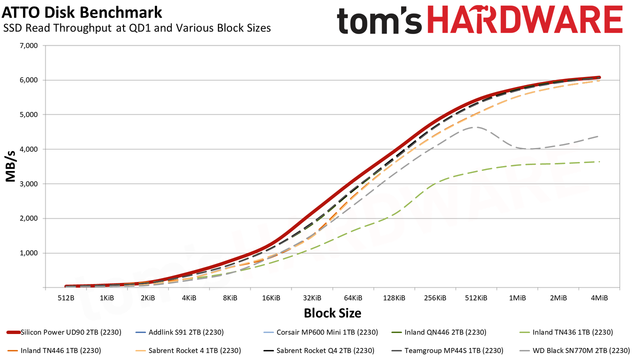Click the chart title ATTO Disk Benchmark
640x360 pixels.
(x=82, y=12)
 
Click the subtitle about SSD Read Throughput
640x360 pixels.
(x=137, y=28)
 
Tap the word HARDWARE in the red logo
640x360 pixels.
(x=525, y=20)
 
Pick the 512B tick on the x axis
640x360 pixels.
(x=65, y=298)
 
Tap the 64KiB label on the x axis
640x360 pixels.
(x=353, y=298)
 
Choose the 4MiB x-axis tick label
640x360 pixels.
(x=599, y=298)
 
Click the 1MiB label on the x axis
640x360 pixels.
(x=517, y=298)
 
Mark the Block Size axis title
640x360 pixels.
(x=332, y=313)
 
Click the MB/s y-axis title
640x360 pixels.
(x=10, y=166)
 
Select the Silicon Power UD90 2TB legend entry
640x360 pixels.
(x=64, y=332)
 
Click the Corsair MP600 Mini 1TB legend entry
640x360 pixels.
(x=320, y=332)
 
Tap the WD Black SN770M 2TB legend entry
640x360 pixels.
(x=574, y=350)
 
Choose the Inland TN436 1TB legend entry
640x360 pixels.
(x=566, y=332)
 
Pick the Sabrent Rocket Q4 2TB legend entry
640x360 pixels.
(x=318, y=350)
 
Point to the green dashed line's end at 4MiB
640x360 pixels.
(x=599, y=161)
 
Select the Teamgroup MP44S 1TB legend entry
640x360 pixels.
(x=447, y=350)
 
